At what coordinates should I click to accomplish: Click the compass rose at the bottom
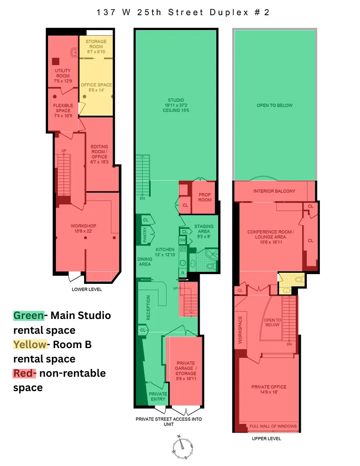pos(183,447)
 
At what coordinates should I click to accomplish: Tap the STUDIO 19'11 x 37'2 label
pos(176,103)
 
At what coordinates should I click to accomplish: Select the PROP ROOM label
pos(205,197)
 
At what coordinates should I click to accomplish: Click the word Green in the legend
pos(29,315)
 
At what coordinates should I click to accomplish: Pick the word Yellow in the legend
pos(30,344)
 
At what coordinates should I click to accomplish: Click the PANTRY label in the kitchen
pos(145,235)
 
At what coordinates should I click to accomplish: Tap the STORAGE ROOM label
pos(96,44)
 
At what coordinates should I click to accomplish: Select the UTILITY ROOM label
pos(63,73)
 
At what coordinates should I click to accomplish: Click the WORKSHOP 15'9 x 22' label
pos(84,228)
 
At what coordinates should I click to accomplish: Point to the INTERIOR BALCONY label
pos(275,191)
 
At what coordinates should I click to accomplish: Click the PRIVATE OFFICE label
pos(269,387)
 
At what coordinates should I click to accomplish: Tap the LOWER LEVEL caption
pos(87,289)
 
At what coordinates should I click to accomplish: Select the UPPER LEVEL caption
pos(267,438)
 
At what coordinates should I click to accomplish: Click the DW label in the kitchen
pos(182,240)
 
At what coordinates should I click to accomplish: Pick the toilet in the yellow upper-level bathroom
pos(299,279)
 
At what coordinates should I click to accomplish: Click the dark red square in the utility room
pos(55,61)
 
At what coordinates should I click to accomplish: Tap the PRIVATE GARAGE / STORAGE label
pos(186,368)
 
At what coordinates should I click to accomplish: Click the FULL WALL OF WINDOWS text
pos(273,426)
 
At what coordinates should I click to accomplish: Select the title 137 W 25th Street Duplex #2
pos(183,12)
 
